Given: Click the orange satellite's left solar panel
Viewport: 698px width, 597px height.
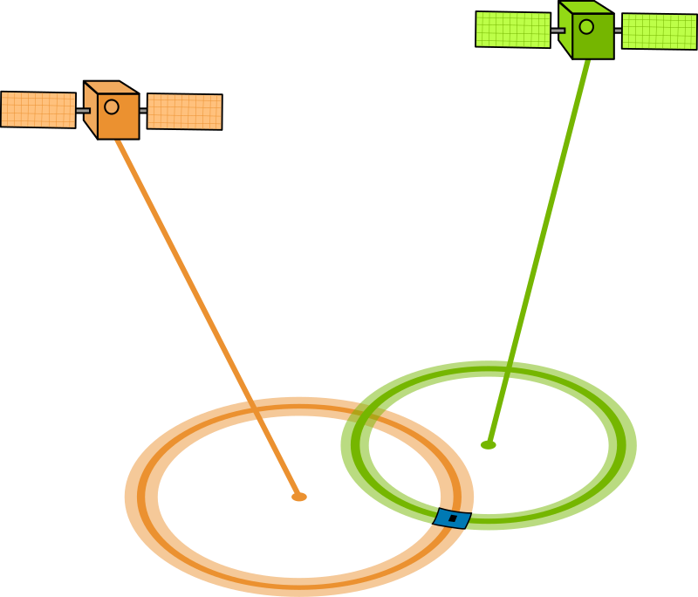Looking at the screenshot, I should tap(38, 110).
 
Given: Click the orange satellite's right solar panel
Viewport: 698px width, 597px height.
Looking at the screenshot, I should tap(184, 112).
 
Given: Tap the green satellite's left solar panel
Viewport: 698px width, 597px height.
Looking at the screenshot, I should tap(513, 30).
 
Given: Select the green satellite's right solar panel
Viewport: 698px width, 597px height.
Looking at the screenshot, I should tap(659, 31).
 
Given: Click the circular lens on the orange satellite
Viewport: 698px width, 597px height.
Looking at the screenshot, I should tap(112, 106).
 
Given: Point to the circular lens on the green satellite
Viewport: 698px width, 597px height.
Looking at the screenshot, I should tap(586, 27).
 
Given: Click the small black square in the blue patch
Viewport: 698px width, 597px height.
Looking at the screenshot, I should tap(453, 518).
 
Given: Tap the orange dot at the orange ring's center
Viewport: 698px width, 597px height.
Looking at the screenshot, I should tap(299, 497).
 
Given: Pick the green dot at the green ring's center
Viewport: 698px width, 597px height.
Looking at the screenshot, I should tap(488, 445).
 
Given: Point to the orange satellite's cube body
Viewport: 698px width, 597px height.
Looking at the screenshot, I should tap(118, 115).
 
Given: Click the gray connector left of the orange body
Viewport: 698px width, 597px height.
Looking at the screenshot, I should tap(82, 111).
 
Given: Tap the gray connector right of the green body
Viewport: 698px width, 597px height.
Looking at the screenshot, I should tap(618, 31).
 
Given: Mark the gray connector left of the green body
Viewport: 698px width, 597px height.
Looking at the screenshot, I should tap(557, 31).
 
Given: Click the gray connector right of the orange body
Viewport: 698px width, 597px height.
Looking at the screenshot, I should tap(143, 111).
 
